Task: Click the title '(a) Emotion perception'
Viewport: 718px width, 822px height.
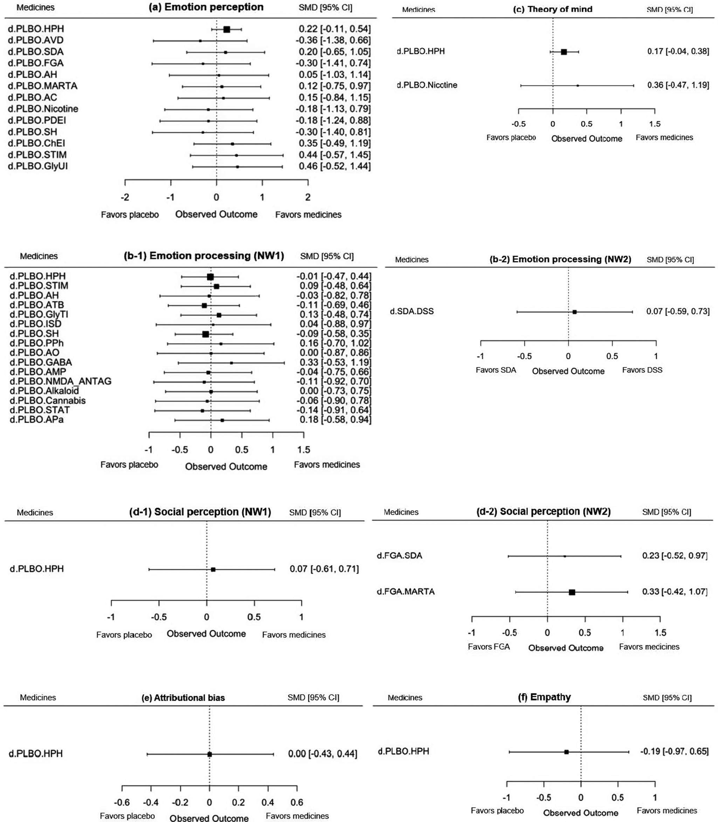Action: coord(206,7)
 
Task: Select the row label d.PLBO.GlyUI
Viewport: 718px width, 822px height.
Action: coord(38,166)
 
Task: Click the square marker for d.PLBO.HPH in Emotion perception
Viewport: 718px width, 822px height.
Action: coord(227,29)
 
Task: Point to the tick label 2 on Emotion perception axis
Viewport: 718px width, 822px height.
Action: coord(308,197)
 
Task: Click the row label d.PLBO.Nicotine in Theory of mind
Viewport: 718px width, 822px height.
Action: coord(427,85)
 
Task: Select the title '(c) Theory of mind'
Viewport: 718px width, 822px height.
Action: coord(553,9)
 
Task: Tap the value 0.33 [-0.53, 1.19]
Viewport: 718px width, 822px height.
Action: coord(336,362)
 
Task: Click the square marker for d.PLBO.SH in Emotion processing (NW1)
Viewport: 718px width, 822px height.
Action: coord(206,334)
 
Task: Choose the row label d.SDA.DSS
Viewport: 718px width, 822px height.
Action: coord(412,311)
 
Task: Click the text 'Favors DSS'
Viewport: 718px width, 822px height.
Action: coord(642,370)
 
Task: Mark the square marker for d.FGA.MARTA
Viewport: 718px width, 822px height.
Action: coord(572,592)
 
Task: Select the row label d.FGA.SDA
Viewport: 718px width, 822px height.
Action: coord(400,555)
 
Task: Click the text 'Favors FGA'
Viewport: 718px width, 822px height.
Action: coord(489,647)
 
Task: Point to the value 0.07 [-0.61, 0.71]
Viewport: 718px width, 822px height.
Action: coord(324,569)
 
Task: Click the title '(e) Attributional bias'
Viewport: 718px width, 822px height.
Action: coord(183,697)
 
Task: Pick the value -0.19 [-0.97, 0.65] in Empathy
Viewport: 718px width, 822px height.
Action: coord(674,751)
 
